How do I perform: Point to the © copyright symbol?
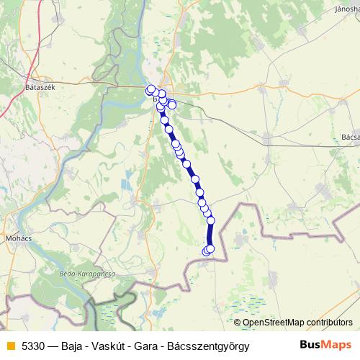point(238,323)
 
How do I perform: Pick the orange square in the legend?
point(9,346)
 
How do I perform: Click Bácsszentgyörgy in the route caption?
point(210,346)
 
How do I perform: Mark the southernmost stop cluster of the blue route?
point(208,250)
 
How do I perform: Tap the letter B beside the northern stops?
point(154,99)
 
